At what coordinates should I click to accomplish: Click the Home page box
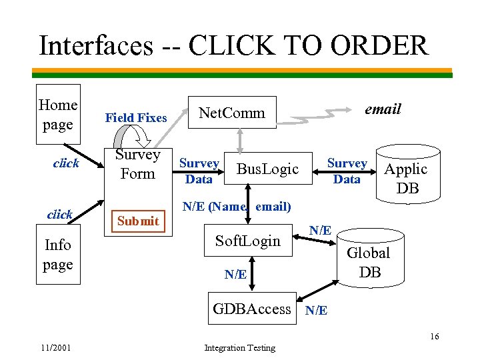point(58,114)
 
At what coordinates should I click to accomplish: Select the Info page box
point(58,255)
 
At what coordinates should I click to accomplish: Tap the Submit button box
point(138,221)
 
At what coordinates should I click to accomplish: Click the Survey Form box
point(138,165)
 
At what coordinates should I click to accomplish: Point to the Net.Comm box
point(233,113)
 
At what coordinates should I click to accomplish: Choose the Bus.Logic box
point(268,169)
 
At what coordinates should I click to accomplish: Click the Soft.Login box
point(248,241)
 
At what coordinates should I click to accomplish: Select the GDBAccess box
point(251,309)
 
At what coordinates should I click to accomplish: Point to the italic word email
point(383,109)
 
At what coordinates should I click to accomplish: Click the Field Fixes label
point(136,118)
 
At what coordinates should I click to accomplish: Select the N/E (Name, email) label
point(237,207)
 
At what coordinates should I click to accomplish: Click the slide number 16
point(434,336)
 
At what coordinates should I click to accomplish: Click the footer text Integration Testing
point(239,347)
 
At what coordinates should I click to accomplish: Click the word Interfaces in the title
point(95,46)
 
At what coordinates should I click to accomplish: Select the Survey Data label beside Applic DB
point(347,171)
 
